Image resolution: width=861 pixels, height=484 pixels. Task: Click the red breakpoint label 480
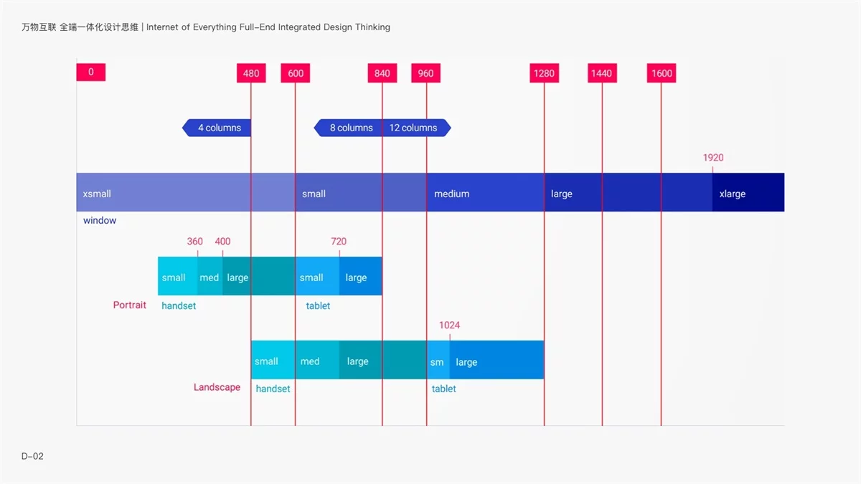point(251,73)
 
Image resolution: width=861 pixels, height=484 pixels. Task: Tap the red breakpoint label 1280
point(544,73)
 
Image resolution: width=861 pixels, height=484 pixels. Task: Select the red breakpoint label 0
point(91,72)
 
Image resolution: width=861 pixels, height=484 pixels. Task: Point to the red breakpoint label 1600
point(661,73)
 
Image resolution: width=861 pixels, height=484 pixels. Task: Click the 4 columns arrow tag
point(217,128)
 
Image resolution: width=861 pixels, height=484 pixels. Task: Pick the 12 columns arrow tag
point(415,128)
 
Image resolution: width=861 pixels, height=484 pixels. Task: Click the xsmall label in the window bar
point(97,194)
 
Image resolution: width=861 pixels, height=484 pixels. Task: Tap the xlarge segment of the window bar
point(746,193)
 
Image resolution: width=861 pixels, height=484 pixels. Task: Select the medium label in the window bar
point(451,194)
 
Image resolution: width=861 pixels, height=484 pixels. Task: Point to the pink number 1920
point(713,158)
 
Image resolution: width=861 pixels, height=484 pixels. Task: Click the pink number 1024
point(449,326)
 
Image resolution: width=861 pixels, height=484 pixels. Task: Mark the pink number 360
point(195,242)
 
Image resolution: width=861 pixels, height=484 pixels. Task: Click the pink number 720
point(339,242)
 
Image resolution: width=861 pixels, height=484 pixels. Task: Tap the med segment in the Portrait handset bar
point(210,277)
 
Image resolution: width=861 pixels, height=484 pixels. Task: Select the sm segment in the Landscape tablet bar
point(438,362)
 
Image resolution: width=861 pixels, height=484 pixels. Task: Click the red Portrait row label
point(130,305)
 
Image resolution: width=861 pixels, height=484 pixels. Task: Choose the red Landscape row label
point(217,387)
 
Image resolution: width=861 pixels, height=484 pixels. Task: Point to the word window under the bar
point(100,221)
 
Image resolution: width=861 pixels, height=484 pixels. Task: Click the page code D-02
point(32,456)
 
